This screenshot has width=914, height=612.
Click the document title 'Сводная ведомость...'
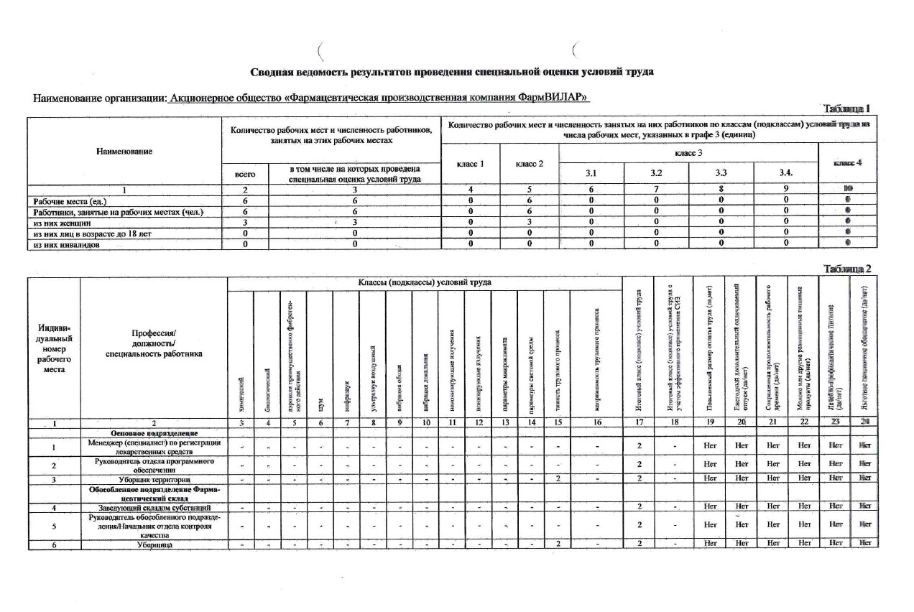pyautogui.click(x=452, y=72)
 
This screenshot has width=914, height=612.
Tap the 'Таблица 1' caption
pyautogui.click(x=849, y=108)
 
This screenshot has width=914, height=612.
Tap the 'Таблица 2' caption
pyautogui.click(x=849, y=269)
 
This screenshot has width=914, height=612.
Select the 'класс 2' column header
pyautogui.click(x=530, y=164)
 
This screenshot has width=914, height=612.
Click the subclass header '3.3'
pyautogui.click(x=721, y=173)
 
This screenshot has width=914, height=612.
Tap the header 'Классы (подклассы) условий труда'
pyautogui.click(x=424, y=283)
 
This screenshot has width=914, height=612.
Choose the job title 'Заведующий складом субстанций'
pyautogui.click(x=154, y=508)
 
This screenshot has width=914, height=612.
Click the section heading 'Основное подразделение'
pyautogui.click(x=153, y=434)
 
